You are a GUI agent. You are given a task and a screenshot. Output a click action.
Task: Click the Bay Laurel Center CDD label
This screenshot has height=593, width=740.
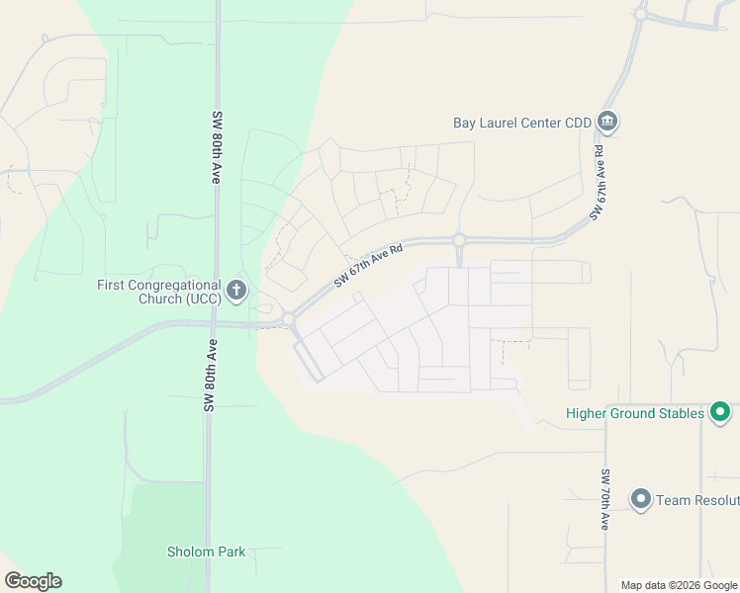tap(521, 123)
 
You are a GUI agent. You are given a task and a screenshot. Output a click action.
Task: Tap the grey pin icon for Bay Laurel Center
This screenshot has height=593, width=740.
tap(607, 123)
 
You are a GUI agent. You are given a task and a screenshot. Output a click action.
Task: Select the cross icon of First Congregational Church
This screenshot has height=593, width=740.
tap(235, 291)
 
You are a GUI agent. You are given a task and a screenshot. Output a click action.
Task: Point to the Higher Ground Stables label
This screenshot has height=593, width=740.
tap(634, 413)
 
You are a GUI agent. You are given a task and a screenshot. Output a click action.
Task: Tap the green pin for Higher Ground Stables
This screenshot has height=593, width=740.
tap(720, 412)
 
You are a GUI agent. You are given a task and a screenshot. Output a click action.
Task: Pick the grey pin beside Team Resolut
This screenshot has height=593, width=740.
tap(640, 499)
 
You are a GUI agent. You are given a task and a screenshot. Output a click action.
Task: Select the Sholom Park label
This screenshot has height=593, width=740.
tap(206, 551)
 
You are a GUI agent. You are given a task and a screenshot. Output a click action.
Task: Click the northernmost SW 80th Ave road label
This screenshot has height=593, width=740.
tap(215, 147)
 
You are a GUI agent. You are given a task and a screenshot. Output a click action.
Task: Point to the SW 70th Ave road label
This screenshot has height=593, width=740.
tap(604, 499)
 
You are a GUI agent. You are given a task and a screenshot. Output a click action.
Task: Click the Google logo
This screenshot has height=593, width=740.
tap(33, 581)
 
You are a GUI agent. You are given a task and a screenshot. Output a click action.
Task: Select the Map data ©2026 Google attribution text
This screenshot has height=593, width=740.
tap(678, 585)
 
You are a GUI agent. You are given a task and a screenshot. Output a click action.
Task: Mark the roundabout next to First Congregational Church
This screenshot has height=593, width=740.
tap(288, 319)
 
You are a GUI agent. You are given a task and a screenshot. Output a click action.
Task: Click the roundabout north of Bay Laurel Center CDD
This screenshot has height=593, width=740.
tap(641, 14)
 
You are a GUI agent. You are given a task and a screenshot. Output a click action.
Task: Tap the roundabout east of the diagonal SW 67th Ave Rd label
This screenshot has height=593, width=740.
tap(459, 239)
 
